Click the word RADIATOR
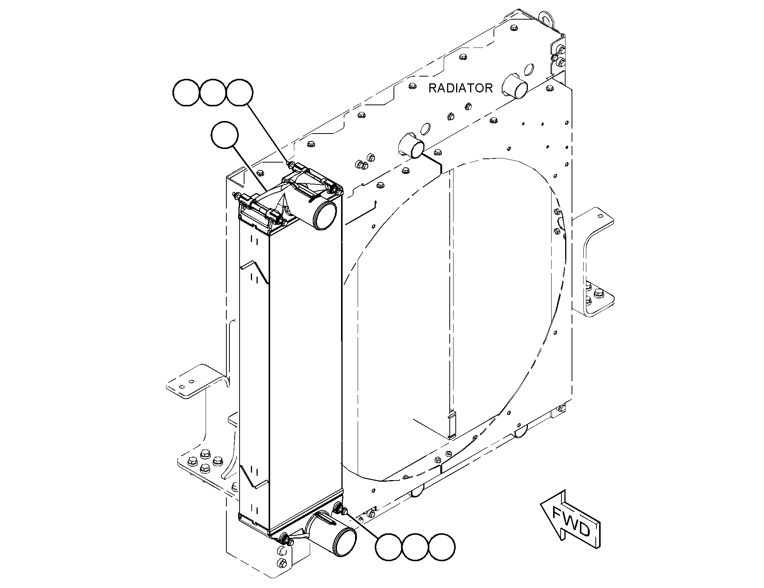point(460,88)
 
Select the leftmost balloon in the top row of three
point(186,93)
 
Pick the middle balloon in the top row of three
point(213,93)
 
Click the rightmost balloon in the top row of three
point(239,93)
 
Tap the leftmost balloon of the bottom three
point(389,547)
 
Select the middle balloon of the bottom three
point(416,547)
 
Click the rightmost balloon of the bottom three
point(442,547)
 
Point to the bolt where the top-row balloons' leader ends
point(291,165)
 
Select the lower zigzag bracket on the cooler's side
point(254,476)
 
